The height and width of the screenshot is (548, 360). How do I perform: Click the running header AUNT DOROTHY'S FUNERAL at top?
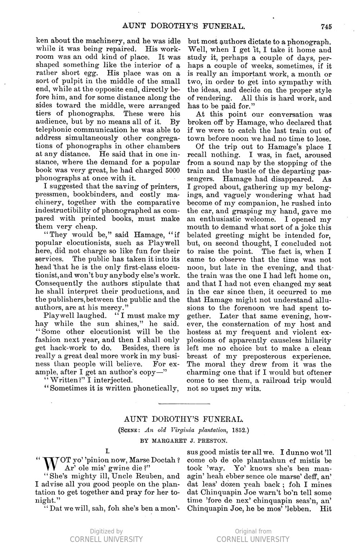(x=179, y=26)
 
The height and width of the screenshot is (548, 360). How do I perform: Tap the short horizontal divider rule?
(x=183, y=404)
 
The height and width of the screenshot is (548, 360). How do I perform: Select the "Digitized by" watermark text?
(x=106, y=531)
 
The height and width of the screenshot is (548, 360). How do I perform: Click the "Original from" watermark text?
(x=253, y=531)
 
